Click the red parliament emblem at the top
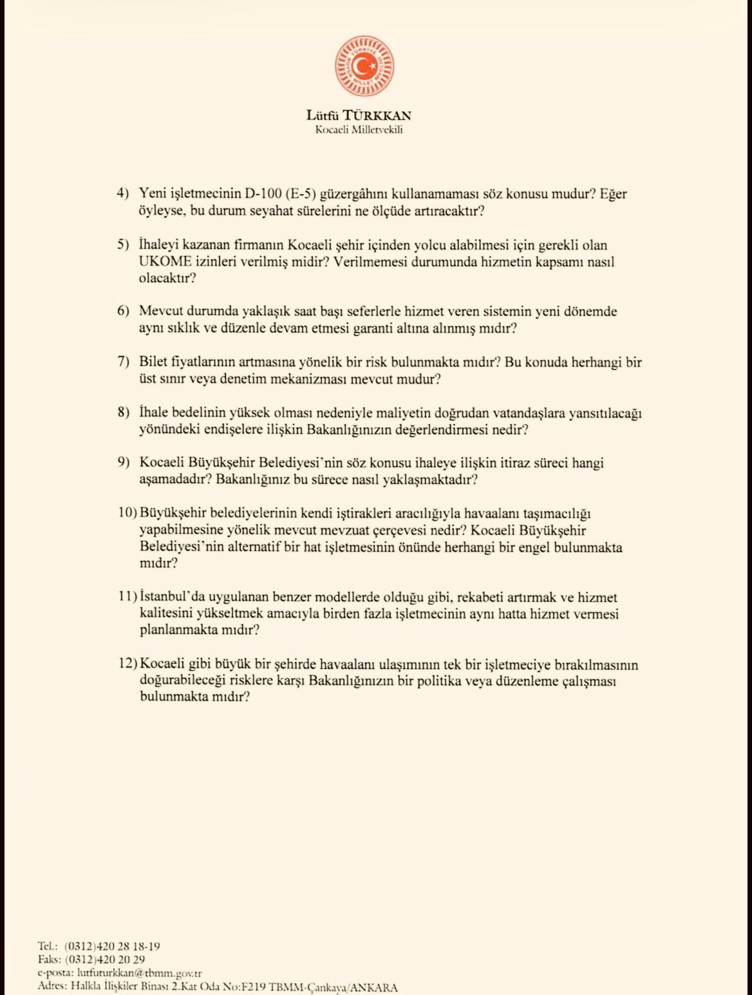tap(364, 67)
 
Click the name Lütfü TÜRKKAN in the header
tap(359, 116)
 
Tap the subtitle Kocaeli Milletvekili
tap(359, 130)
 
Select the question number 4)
tap(123, 194)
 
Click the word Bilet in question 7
tap(153, 362)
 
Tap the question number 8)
tap(123, 412)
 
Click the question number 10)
tap(128, 514)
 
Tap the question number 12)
tap(128, 664)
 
